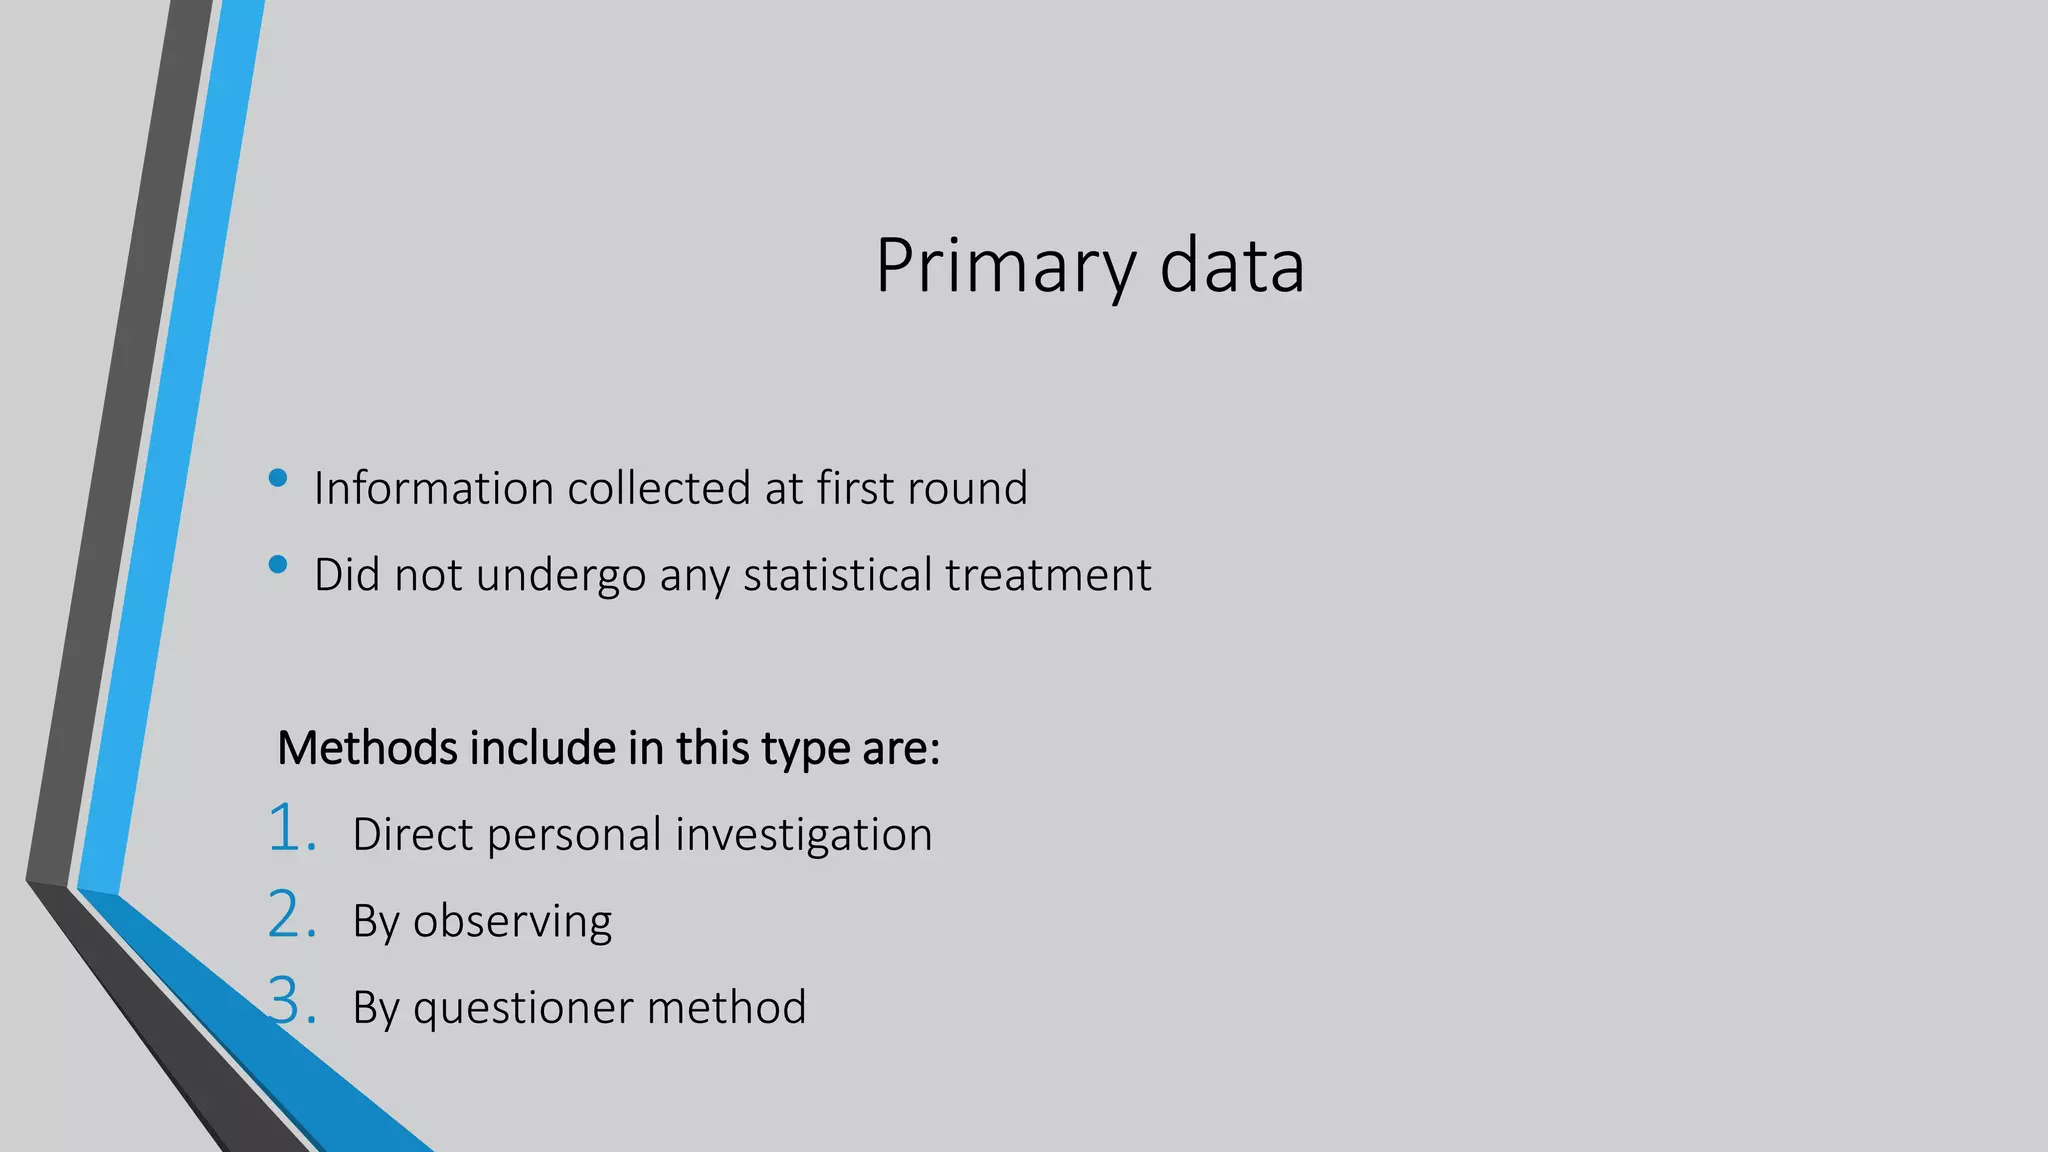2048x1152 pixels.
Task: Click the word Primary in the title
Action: click(x=1005, y=267)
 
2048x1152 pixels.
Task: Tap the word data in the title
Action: click(x=1232, y=267)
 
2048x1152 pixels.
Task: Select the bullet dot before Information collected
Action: click(x=278, y=478)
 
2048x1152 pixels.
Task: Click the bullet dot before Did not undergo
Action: click(x=278, y=565)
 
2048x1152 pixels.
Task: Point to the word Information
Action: click(x=434, y=488)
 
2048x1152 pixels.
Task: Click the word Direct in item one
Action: click(x=412, y=834)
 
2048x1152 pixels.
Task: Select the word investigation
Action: click(x=804, y=835)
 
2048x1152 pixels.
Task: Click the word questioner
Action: click(x=523, y=1008)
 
